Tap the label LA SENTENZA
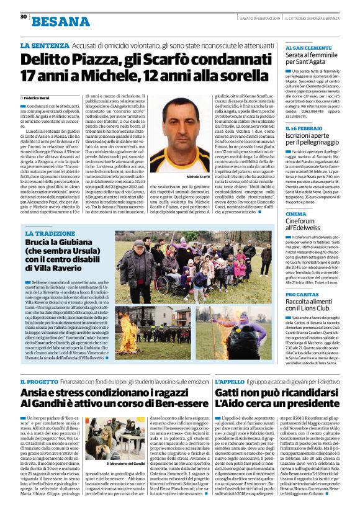click(42, 47)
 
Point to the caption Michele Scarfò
click(198, 177)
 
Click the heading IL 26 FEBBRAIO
click(304, 128)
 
